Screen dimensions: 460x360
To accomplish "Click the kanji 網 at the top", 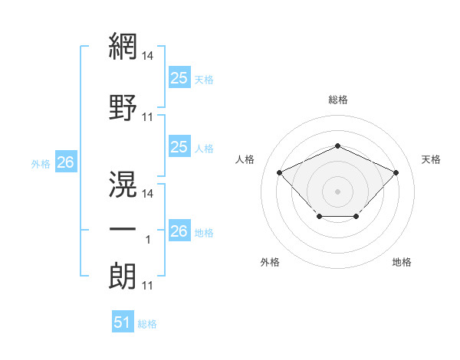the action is point(123,46).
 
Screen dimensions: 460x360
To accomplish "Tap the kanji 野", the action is point(123,107).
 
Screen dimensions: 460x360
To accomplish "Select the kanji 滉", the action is point(123,184).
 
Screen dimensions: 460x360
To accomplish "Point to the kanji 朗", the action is point(123,276).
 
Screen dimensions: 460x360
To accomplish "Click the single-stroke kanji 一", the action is point(123,229).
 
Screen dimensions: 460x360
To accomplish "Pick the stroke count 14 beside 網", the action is point(147,56).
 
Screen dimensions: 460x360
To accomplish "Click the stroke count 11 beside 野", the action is point(147,117).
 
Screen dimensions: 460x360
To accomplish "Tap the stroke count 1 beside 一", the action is point(148,240).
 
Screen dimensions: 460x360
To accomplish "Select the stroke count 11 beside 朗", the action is point(147,286).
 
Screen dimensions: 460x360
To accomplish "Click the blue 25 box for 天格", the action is point(179,77).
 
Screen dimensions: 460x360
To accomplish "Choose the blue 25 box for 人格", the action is point(179,146).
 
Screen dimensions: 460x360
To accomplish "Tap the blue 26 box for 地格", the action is point(179,230).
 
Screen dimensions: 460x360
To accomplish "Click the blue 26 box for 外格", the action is point(66,162).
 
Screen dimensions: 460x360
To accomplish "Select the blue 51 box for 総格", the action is point(123,321).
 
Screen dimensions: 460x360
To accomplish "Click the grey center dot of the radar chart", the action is point(337,191).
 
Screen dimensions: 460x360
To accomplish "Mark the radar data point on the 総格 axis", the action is point(337,146).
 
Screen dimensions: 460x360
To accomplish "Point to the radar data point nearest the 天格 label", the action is point(396,172).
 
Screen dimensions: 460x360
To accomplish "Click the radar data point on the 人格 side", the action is point(280,172).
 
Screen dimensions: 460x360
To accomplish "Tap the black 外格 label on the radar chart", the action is point(270,262).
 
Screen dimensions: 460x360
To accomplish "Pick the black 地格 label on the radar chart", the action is point(402,262).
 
